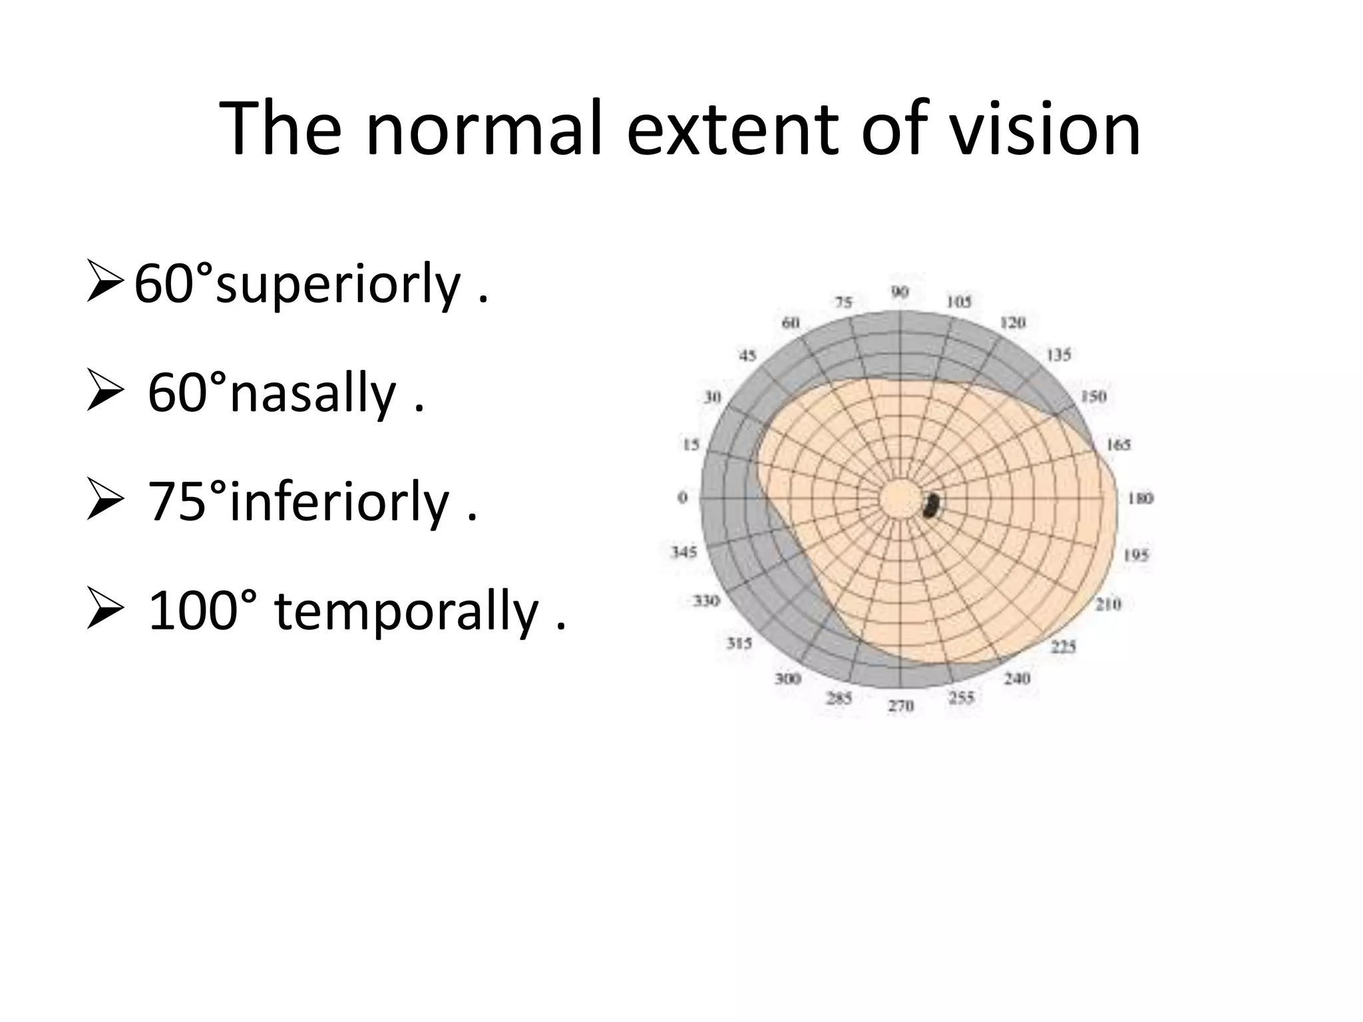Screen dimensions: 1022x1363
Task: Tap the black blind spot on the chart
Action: (931, 506)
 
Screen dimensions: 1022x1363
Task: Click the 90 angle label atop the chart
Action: (900, 292)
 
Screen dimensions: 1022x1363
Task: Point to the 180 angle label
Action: (1140, 498)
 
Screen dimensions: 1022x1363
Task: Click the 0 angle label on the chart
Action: (682, 498)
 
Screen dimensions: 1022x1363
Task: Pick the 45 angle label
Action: (747, 356)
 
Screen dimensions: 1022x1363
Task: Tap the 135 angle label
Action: (1059, 355)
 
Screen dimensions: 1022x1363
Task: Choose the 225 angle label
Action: (1064, 646)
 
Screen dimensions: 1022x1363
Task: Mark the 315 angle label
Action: (739, 643)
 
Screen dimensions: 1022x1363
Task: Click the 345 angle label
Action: (683, 552)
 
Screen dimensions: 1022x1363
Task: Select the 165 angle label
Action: (1118, 444)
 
